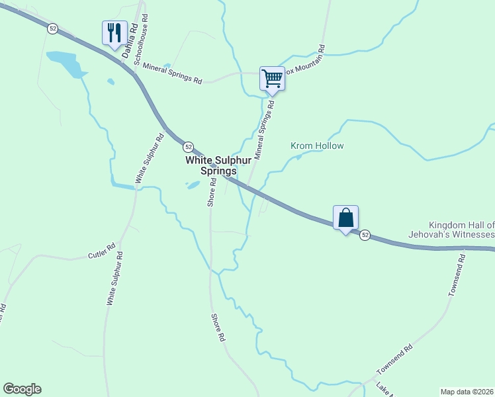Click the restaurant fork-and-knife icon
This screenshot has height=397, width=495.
click(114, 32)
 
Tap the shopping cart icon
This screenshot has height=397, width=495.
click(272, 79)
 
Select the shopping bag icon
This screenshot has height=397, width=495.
click(345, 218)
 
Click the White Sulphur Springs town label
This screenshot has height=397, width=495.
click(210, 165)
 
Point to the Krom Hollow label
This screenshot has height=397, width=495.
click(317, 146)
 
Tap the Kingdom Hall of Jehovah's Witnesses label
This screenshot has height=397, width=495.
click(461, 230)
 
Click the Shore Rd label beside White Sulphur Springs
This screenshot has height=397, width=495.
click(211, 193)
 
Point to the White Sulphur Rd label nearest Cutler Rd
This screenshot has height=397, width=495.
click(114, 278)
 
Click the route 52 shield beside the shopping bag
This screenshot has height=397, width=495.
click(365, 236)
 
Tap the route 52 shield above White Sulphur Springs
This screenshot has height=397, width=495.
click(189, 146)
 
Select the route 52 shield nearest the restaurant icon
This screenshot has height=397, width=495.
click(53, 28)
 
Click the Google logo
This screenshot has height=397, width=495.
click(22, 389)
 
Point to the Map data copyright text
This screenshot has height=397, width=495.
click(466, 392)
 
